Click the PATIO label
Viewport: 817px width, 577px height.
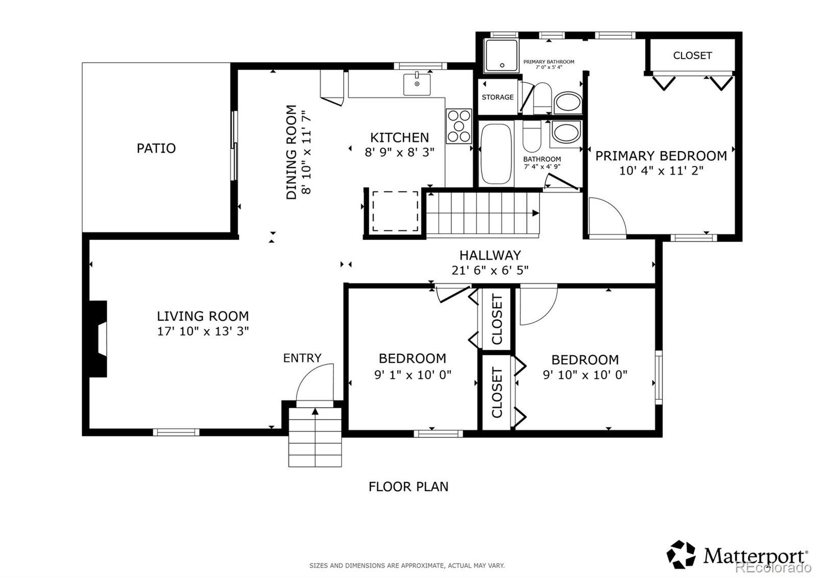(x=156, y=148)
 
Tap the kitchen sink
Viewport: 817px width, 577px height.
(x=417, y=84)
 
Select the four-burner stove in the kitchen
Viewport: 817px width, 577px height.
(x=459, y=126)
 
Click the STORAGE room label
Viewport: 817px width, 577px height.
(x=497, y=97)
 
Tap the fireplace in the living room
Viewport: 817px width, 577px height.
(x=98, y=339)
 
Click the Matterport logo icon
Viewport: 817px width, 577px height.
(x=681, y=555)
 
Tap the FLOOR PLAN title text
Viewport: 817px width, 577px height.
(x=408, y=487)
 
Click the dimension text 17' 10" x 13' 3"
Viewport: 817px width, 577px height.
(x=203, y=331)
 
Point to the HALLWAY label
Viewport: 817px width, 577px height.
(x=490, y=255)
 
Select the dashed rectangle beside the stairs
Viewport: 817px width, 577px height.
(x=395, y=211)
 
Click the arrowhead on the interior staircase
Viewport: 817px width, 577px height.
(x=536, y=213)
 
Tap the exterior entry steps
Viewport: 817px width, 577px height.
(x=315, y=437)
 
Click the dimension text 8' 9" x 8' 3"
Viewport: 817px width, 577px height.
(x=399, y=152)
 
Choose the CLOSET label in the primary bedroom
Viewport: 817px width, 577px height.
(x=692, y=56)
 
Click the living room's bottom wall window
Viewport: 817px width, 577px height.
(x=176, y=432)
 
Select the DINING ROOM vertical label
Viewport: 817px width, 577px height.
(x=291, y=152)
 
